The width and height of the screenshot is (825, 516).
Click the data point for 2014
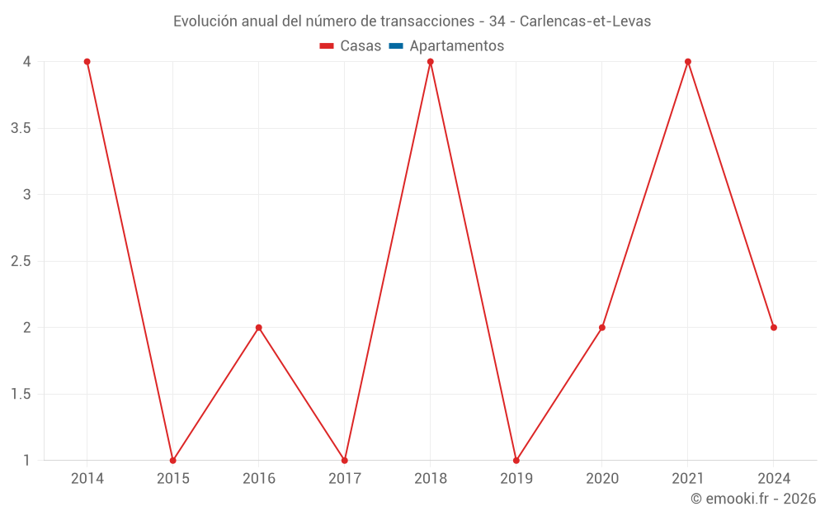87,62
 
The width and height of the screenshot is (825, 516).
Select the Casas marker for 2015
172,460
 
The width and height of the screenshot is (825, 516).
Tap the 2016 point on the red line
258,328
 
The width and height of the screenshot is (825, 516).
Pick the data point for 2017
344,460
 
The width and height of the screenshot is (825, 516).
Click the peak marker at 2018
430,62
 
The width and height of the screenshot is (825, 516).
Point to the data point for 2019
516,460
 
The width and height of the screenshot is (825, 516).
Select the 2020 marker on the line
602,328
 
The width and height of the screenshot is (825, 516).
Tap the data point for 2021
688,62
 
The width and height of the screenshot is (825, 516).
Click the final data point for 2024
774,328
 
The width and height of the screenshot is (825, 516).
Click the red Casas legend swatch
327,46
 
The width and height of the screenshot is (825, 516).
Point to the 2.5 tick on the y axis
21,261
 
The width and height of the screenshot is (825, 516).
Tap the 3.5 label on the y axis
21,128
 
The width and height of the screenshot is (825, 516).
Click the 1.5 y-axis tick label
21,394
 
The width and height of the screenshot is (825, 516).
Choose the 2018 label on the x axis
430,478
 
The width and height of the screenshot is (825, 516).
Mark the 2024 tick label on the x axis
774,478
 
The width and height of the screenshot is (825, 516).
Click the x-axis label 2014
87,478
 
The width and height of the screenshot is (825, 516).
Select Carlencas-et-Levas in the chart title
585,21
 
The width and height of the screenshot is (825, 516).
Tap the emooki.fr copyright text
753,499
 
